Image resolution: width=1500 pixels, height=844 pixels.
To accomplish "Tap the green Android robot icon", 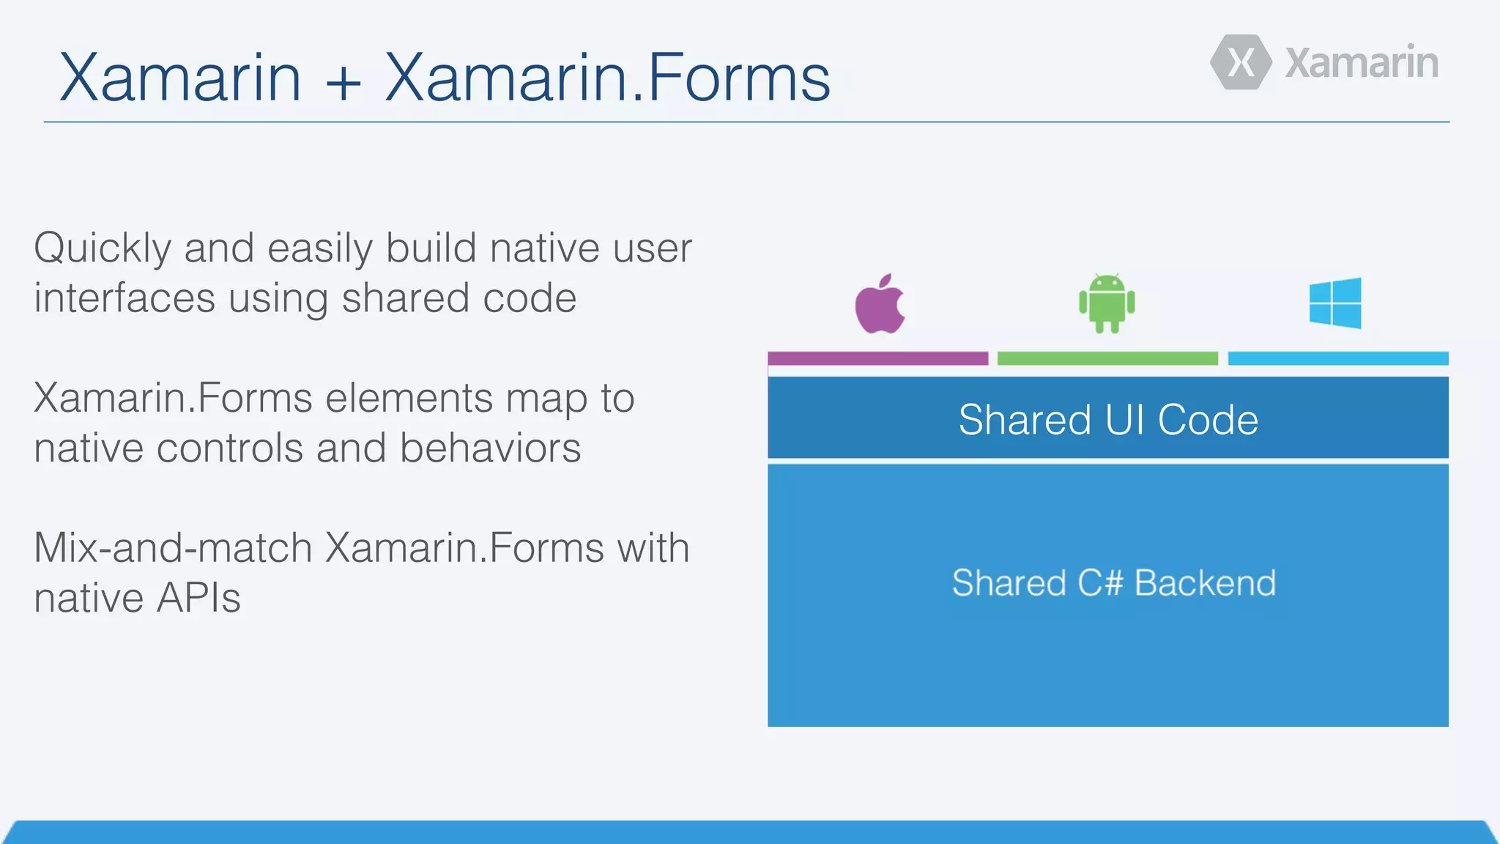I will [1107, 303].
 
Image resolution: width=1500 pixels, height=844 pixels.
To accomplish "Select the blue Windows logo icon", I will [1335, 303].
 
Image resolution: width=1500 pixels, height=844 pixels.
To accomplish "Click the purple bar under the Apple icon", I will [877, 358].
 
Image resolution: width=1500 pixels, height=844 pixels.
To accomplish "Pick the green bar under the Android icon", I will [1107, 358].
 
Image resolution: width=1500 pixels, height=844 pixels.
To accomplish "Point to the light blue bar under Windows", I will [1337, 358].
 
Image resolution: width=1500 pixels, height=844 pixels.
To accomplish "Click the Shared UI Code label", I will [1108, 420].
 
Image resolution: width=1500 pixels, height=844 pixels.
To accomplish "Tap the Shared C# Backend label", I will [1113, 583].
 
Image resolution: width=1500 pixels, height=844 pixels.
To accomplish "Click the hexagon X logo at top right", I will [1241, 62].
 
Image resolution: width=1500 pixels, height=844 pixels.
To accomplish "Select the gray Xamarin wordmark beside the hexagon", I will [1361, 63].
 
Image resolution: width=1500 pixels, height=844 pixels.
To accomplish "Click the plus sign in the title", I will [344, 79].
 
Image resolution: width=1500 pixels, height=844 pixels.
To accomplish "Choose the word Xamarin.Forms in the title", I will [607, 78].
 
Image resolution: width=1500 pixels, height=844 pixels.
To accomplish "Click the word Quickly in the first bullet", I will [103, 249].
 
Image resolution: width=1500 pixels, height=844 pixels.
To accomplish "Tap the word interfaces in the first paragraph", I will [125, 299].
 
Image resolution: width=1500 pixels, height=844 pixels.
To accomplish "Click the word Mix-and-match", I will [174, 548].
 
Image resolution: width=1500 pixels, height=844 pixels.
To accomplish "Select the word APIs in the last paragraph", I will [199, 598].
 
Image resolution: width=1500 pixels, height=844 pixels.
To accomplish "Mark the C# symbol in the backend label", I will [1100, 583].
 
